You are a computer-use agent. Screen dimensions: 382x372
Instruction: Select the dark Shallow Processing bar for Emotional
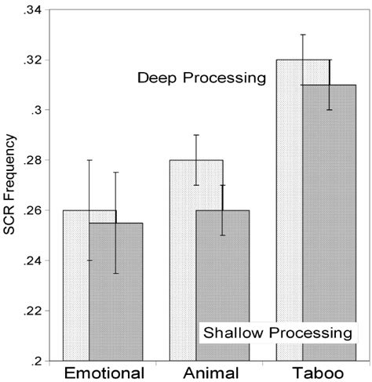tap(115, 298)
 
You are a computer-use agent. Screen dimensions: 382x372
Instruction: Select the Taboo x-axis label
tap(310, 373)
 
